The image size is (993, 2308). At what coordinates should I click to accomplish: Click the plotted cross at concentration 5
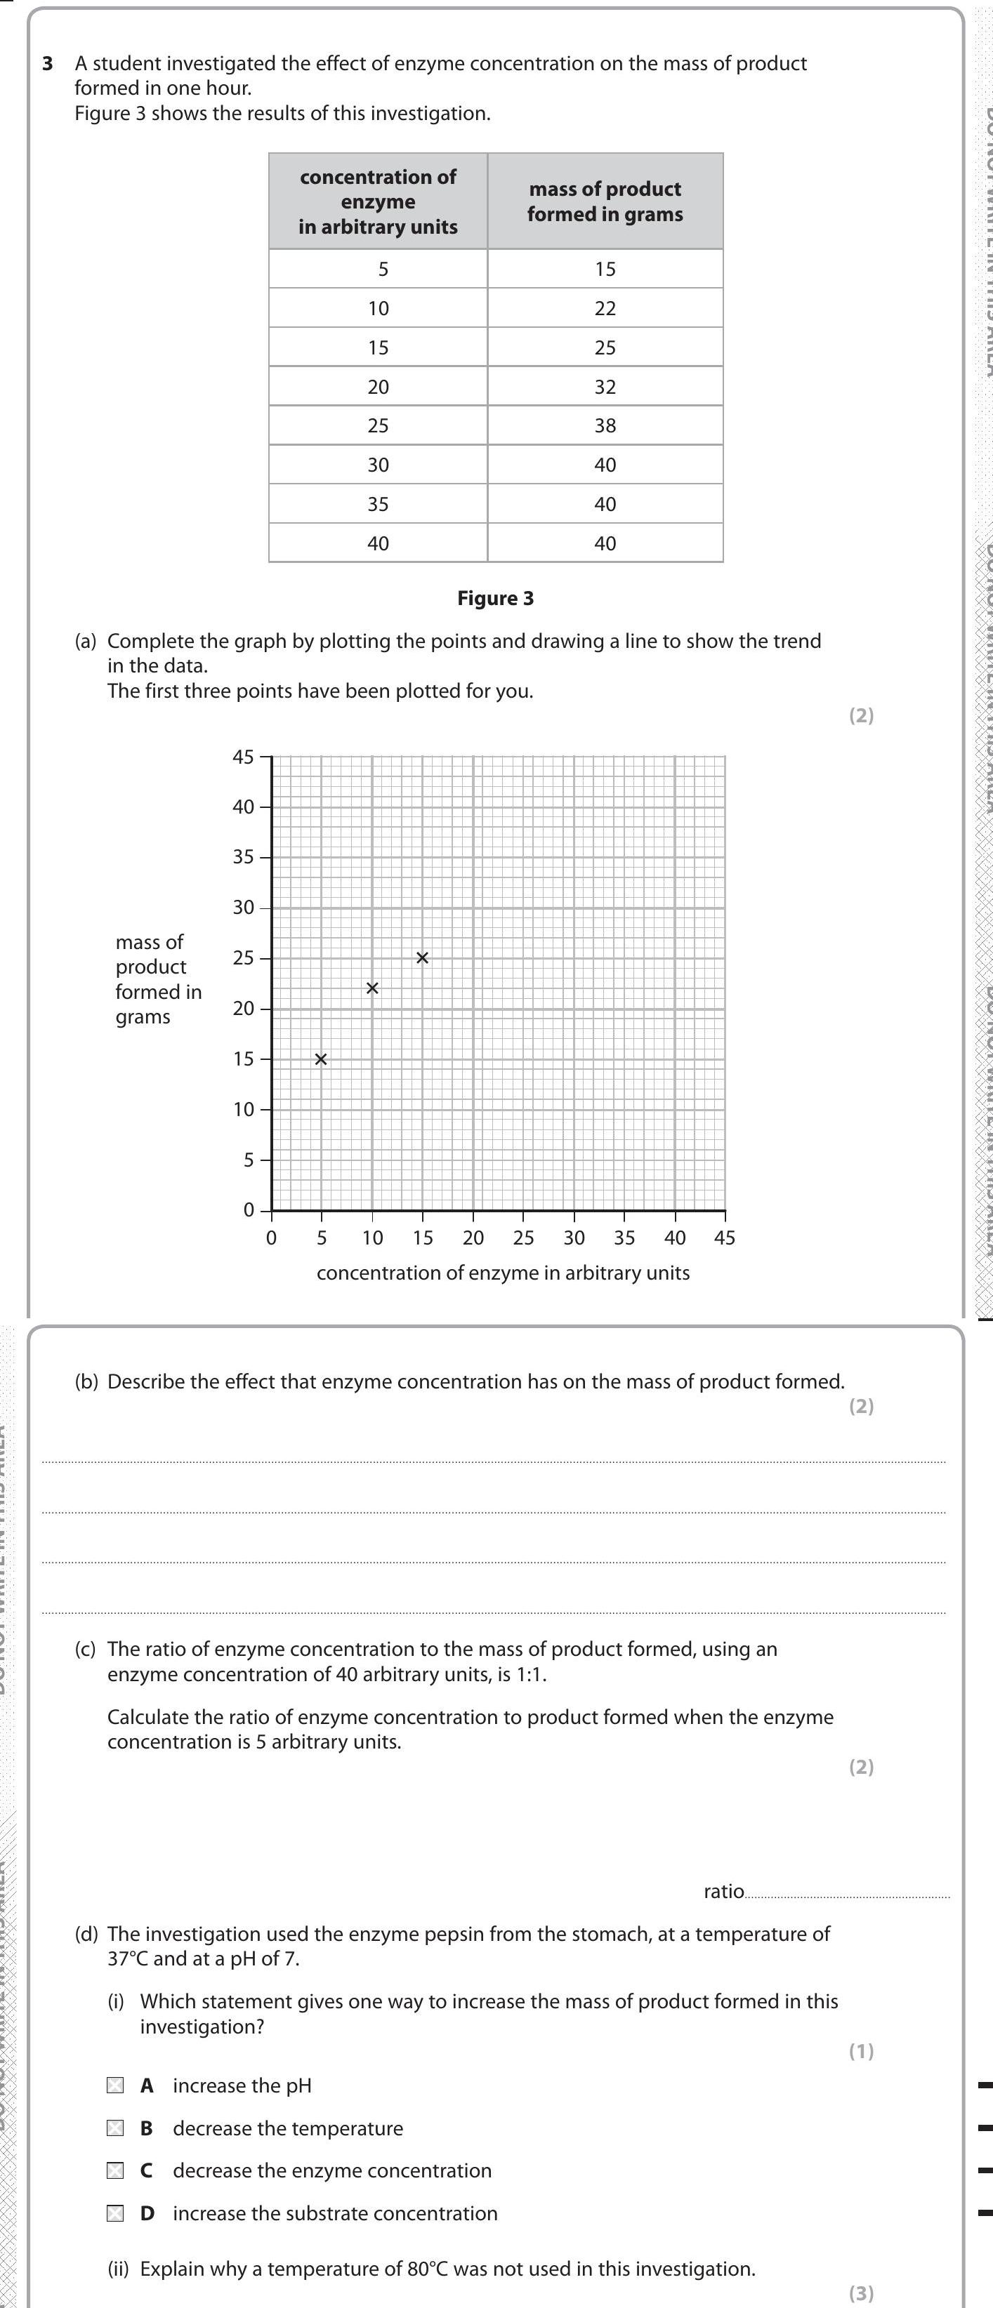(321, 1059)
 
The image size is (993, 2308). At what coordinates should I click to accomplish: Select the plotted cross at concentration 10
(372, 988)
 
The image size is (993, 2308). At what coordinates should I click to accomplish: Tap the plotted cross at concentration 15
(422, 957)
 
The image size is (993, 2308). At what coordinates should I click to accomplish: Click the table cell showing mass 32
(605, 386)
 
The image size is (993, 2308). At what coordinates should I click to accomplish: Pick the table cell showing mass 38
(605, 425)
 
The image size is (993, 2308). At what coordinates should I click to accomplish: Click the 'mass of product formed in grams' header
(605, 201)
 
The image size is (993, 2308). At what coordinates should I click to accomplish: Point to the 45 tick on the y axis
(243, 757)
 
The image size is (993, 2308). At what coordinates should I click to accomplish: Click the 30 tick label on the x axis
(574, 1238)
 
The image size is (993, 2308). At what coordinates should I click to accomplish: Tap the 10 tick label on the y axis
(243, 1109)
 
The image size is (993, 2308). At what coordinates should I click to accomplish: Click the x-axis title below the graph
(503, 1273)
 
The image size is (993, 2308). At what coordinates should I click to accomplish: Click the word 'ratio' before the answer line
(723, 1891)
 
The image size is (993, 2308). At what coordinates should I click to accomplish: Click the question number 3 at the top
(48, 64)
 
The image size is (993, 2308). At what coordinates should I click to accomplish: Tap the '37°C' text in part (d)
(127, 1958)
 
